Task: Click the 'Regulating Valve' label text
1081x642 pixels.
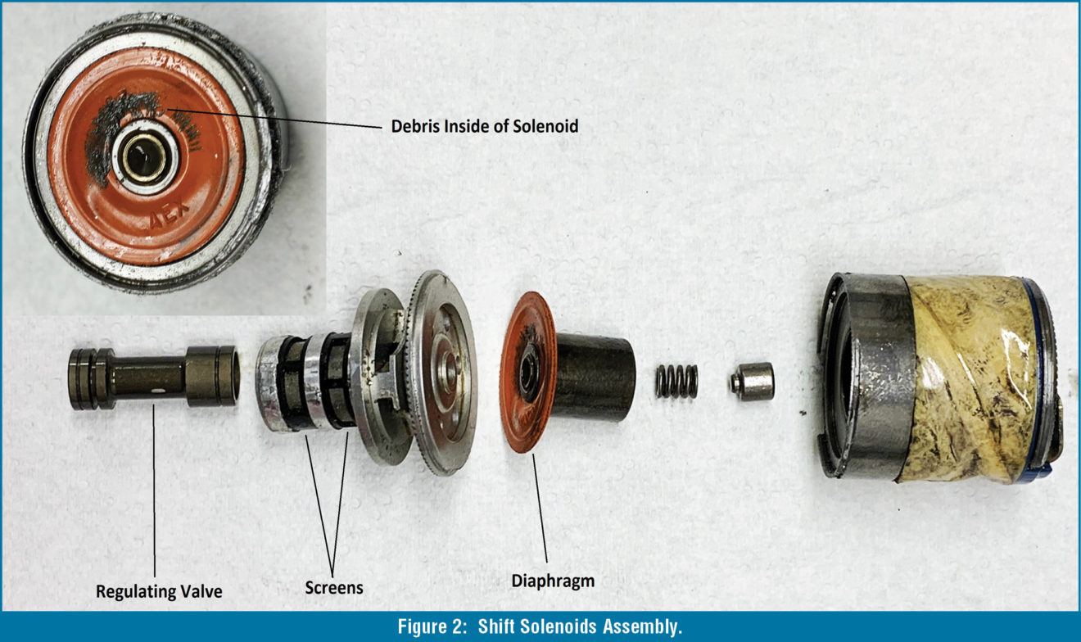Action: (x=158, y=591)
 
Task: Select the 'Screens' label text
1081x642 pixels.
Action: (x=333, y=588)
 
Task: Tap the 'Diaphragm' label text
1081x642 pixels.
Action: (x=553, y=581)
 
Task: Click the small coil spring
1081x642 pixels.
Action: (x=676, y=382)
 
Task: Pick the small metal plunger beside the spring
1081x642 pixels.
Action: (x=752, y=382)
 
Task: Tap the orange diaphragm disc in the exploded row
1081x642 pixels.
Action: (x=524, y=409)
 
